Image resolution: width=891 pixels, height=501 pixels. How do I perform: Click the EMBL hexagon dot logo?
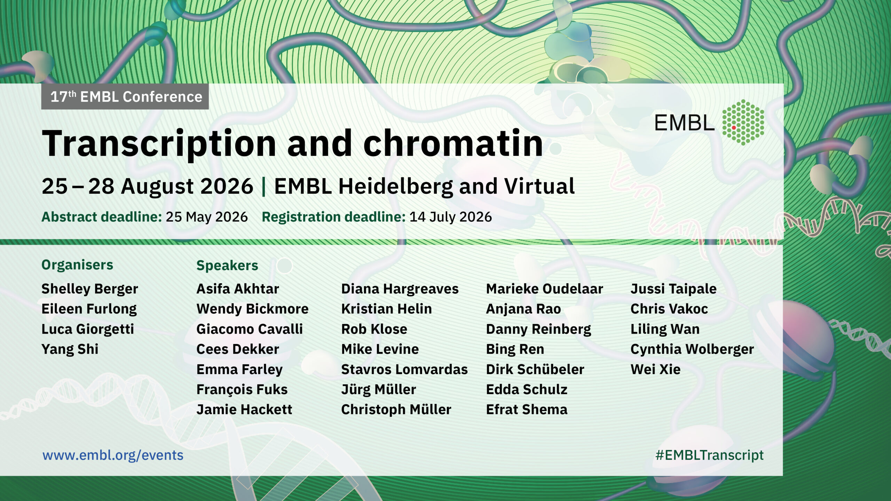[x=743, y=122]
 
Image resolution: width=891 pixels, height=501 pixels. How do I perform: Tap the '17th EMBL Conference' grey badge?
[x=125, y=96]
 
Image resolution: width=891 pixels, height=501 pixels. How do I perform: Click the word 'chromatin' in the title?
[x=453, y=143]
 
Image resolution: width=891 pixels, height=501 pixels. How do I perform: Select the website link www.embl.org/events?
[x=113, y=455]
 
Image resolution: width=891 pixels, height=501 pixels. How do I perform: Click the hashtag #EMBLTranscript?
[x=709, y=455]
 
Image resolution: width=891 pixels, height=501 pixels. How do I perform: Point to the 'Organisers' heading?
[x=77, y=265]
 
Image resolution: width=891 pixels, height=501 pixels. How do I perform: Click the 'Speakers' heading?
[x=227, y=266]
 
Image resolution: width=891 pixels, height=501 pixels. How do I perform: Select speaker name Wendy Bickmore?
[x=252, y=309]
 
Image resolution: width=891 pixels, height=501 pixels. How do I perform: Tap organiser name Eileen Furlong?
[x=89, y=309]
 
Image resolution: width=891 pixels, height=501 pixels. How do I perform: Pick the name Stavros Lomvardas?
[x=404, y=369]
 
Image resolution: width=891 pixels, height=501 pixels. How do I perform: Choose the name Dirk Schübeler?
[x=535, y=369]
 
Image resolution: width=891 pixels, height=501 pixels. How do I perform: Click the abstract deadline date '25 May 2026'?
[x=207, y=217]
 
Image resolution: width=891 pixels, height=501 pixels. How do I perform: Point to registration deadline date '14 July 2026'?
[x=451, y=217]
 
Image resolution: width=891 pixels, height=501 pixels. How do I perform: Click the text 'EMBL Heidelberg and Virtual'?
[x=424, y=186]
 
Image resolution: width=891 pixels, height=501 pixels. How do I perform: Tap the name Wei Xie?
[x=655, y=369]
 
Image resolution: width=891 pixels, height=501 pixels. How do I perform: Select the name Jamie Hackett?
[x=244, y=410]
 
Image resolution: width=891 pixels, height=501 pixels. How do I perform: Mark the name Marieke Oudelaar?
[x=544, y=289]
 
